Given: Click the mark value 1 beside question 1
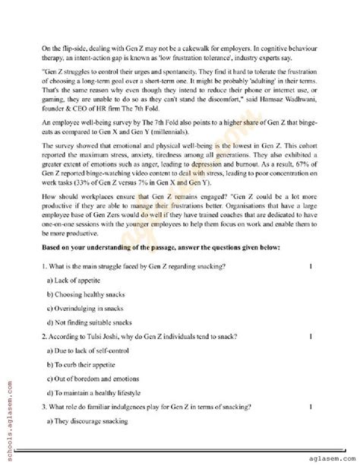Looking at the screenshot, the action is coord(311,267).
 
